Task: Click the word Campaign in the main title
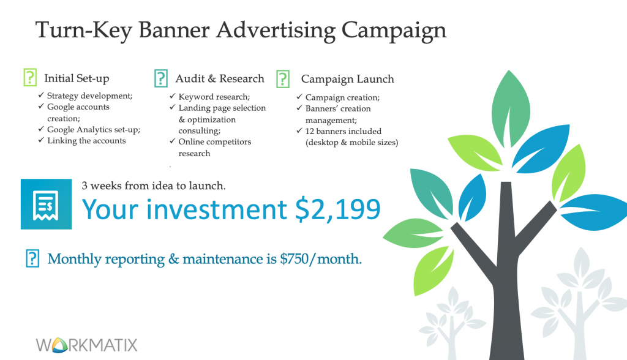coord(394,31)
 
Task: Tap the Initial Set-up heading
coord(77,78)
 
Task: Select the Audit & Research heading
coord(220,78)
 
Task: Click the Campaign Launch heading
coord(348,79)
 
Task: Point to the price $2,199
coord(338,209)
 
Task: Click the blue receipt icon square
coord(46,204)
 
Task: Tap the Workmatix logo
coord(86,345)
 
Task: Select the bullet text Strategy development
coord(89,96)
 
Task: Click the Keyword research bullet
coord(214,97)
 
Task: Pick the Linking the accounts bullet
coord(86,141)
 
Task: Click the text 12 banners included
coord(343,131)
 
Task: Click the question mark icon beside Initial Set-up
coord(30,77)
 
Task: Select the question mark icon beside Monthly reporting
coord(32,258)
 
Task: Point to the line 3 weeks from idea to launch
coord(154,186)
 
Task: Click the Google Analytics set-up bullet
coord(94,130)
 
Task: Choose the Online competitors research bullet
coord(215,147)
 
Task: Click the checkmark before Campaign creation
coord(299,97)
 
